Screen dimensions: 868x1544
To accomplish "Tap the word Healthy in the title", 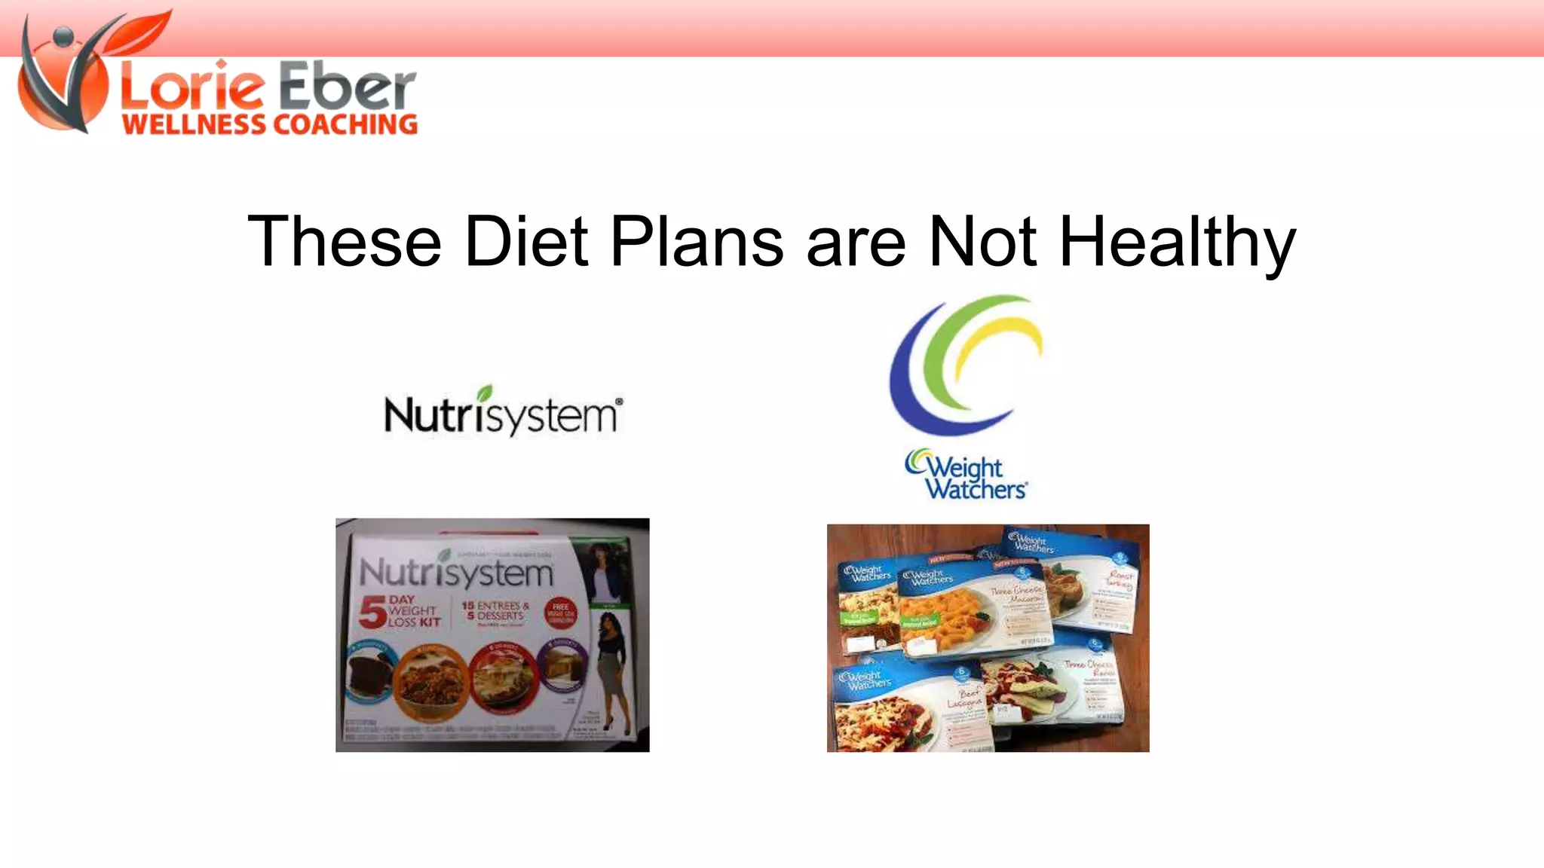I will pos(1177,243).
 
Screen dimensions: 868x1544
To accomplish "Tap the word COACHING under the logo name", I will pos(344,125).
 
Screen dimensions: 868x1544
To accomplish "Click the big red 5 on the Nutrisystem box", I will pos(372,612).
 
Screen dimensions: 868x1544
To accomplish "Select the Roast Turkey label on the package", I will pos(1119,579).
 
